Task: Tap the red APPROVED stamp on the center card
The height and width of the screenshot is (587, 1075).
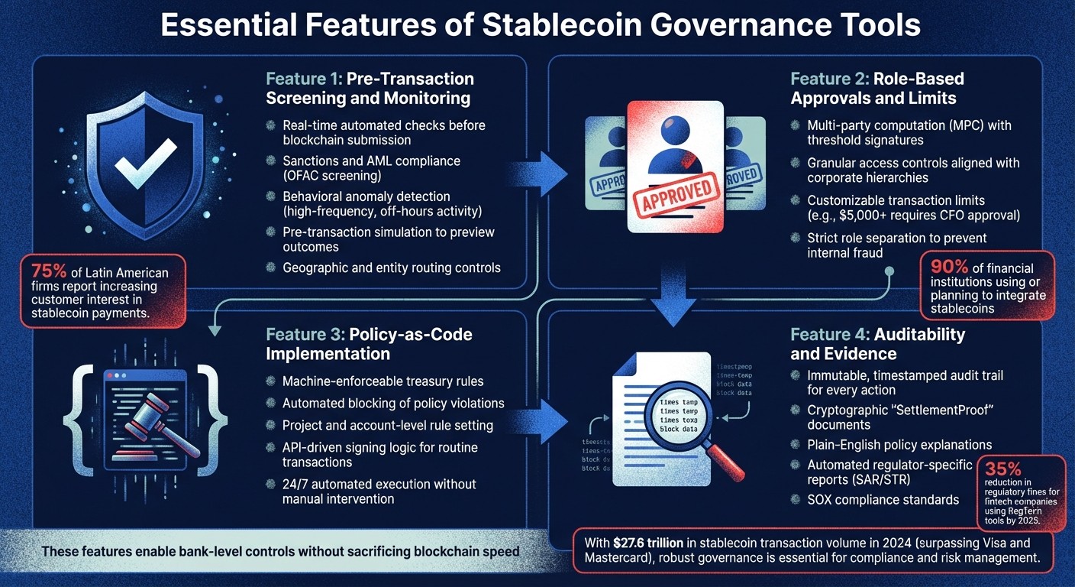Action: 675,190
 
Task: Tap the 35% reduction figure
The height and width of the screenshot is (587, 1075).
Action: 1003,469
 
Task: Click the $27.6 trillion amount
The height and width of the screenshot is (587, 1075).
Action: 657,543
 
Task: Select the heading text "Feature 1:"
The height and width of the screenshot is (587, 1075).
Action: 304,79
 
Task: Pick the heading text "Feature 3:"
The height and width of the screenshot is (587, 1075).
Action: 305,334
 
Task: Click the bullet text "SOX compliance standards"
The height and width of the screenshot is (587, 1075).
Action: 883,500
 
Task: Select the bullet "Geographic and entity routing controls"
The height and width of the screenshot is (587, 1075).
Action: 391,268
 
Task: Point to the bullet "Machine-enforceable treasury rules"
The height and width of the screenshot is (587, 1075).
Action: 383,381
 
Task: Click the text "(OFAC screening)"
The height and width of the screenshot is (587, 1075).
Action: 331,176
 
